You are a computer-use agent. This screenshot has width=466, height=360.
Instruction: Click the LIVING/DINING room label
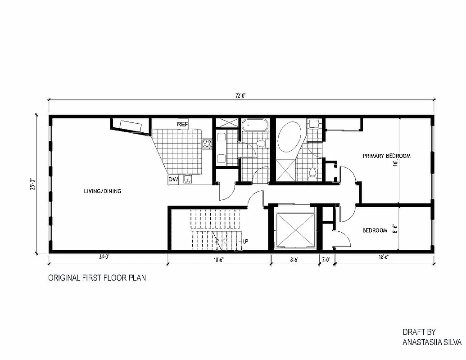[102, 191]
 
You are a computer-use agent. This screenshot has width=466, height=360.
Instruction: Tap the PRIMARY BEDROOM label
[387, 156]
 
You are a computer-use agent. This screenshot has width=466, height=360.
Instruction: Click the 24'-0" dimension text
[104, 257]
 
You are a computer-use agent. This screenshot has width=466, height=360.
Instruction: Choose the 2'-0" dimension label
[326, 259]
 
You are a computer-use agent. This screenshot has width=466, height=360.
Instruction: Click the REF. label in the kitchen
[182, 124]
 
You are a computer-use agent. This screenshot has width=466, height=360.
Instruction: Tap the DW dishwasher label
[173, 180]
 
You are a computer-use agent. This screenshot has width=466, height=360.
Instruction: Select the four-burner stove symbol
[207, 144]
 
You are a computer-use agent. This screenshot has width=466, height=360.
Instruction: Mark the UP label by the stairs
[245, 241]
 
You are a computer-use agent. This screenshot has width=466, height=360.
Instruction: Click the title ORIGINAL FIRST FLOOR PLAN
[97, 278]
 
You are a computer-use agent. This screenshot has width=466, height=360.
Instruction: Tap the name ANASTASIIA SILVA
[431, 342]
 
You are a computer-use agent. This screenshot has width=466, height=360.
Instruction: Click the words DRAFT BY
[419, 332]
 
